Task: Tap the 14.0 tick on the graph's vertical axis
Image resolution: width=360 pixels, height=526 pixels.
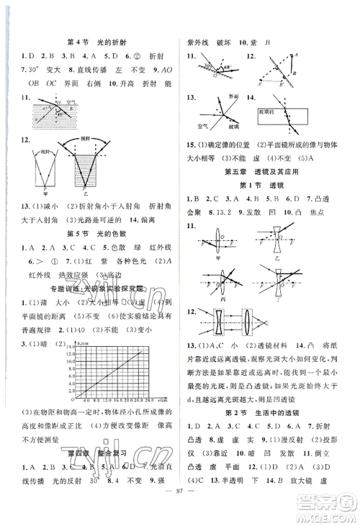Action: point(66,347)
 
